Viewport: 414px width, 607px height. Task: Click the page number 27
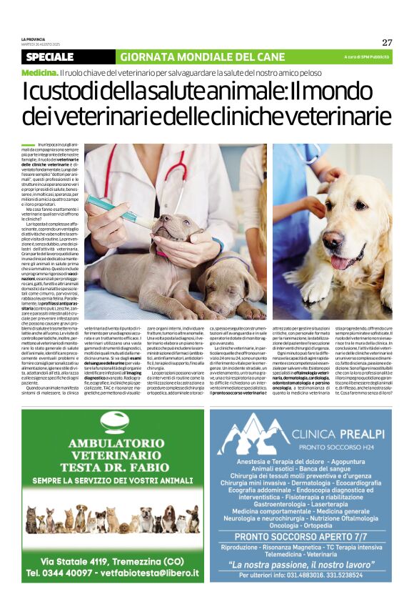pyautogui.click(x=387, y=41)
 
